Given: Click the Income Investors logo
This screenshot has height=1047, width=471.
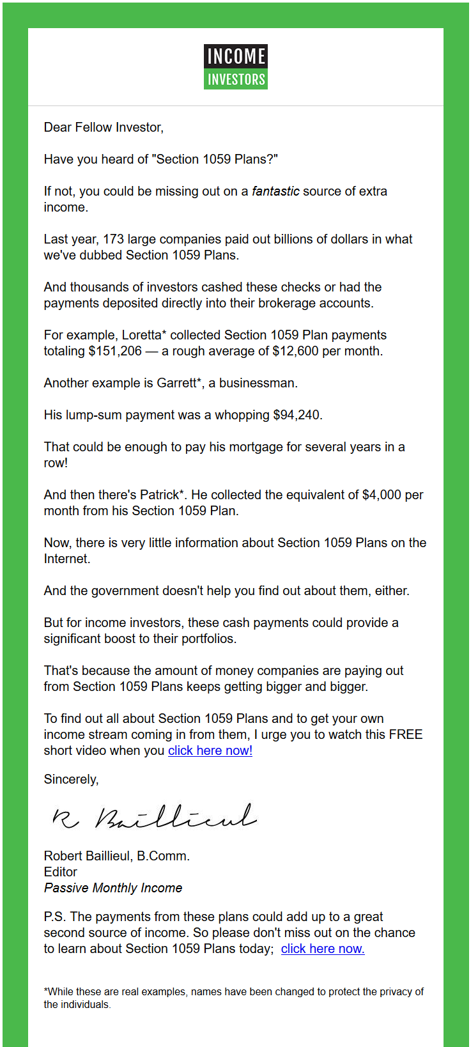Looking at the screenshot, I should [x=235, y=66].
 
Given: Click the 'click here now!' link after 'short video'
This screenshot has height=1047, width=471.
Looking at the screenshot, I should [x=210, y=750].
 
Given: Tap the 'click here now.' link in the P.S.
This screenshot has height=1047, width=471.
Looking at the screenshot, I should [x=323, y=949].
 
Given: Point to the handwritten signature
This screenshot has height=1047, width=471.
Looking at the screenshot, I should [x=154, y=816].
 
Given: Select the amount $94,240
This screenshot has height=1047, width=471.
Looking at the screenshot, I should [x=297, y=415].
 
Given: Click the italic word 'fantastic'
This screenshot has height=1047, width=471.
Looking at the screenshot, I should [x=275, y=191].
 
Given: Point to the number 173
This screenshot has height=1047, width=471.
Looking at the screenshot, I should [x=113, y=239].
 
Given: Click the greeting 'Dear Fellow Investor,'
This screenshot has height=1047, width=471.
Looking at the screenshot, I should [x=104, y=127].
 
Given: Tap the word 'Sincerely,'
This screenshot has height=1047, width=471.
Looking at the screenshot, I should [x=71, y=779].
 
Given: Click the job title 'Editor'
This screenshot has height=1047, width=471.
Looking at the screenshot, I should [x=60, y=872].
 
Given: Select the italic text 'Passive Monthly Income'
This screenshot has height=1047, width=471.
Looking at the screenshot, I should [x=113, y=888].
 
